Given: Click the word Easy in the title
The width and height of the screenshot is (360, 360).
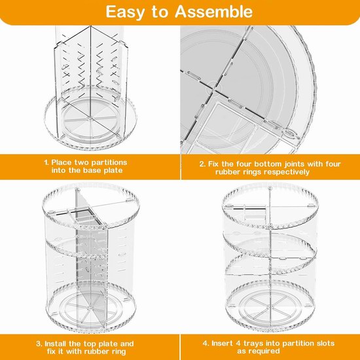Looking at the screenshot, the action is (x=125, y=12).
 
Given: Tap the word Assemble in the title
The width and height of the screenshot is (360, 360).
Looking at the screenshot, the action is (x=213, y=12).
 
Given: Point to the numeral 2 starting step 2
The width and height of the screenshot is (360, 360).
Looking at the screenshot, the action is (x=202, y=164).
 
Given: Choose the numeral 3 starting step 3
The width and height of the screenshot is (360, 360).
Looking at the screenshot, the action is (x=39, y=344).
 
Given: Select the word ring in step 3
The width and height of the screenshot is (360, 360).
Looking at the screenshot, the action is (x=118, y=352).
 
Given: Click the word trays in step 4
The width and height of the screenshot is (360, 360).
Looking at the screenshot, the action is (x=253, y=344).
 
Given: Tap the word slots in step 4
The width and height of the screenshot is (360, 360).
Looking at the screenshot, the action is (x=324, y=344).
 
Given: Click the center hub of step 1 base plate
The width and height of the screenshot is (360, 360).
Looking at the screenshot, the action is (x=90, y=118).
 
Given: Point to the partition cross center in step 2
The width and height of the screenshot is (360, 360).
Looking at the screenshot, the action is (x=214, y=91).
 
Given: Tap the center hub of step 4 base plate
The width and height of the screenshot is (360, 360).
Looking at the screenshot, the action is (x=268, y=307).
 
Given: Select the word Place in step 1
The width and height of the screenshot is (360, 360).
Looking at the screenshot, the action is (x=62, y=162).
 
